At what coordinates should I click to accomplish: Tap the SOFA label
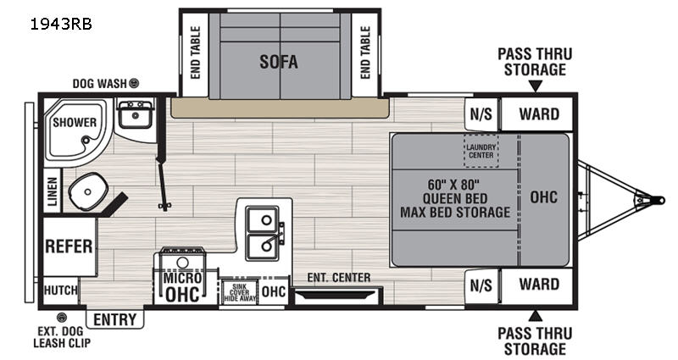pyautogui.click(x=280, y=62)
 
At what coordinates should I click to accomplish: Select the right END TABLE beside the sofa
pyautogui.click(x=365, y=53)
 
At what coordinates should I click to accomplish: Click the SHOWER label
pyautogui.click(x=75, y=122)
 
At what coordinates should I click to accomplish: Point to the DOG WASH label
pyautogui.click(x=101, y=83)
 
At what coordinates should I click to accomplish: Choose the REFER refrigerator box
pyautogui.click(x=69, y=246)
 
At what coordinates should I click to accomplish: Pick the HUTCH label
pyautogui.click(x=60, y=290)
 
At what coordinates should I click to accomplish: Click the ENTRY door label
pyautogui.click(x=116, y=319)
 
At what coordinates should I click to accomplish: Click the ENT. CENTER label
pyautogui.click(x=339, y=277)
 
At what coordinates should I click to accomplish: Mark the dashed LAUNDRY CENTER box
pyautogui.click(x=481, y=151)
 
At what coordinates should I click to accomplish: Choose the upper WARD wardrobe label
pyautogui.click(x=539, y=114)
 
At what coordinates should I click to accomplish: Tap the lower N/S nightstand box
pyautogui.click(x=481, y=285)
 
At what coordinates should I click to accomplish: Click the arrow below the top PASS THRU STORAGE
pyautogui.click(x=535, y=86)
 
